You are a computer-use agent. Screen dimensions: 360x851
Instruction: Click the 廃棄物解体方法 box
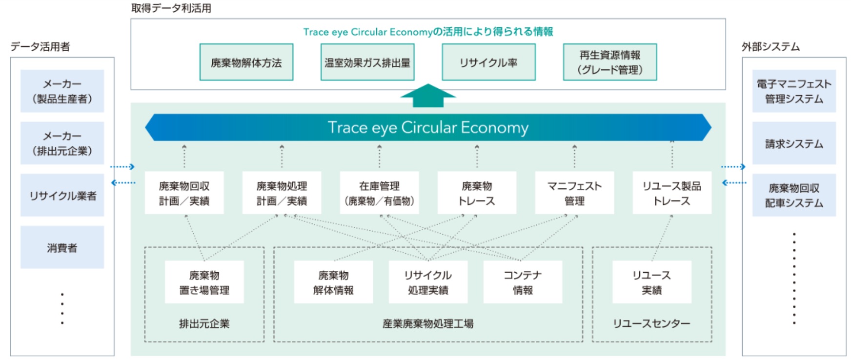[x=246, y=62]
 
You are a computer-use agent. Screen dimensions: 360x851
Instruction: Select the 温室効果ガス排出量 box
[x=367, y=62]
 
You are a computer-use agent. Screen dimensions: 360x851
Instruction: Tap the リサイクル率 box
[x=488, y=62]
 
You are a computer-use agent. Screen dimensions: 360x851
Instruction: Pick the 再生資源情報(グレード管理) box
[x=609, y=62]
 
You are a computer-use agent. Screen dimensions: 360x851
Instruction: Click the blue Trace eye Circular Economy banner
[x=428, y=128]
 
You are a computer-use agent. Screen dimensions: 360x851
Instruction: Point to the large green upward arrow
[x=428, y=96]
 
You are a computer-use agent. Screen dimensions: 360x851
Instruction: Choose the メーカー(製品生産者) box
[x=62, y=91]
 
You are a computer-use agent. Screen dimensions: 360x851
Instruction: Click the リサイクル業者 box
[x=62, y=196]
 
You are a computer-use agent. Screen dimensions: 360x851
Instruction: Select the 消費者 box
[x=62, y=248]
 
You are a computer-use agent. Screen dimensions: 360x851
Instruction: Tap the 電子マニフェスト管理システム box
[x=794, y=91]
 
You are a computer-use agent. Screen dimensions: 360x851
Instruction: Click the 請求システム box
[x=794, y=143]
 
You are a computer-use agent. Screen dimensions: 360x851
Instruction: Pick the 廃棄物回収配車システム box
[x=794, y=195]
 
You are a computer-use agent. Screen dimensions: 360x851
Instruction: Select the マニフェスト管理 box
[x=574, y=193]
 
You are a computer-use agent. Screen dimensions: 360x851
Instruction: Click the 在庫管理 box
[x=379, y=193]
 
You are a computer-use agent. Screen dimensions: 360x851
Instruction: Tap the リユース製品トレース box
[x=672, y=193]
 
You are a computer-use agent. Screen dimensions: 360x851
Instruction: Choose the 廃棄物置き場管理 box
[x=204, y=282]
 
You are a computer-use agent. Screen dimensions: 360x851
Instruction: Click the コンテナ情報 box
[x=523, y=282]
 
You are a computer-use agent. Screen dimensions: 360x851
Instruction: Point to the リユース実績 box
[x=651, y=282]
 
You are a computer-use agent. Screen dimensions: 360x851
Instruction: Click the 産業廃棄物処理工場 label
[x=428, y=323]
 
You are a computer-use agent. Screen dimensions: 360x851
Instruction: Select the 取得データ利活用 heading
[x=171, y=8]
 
